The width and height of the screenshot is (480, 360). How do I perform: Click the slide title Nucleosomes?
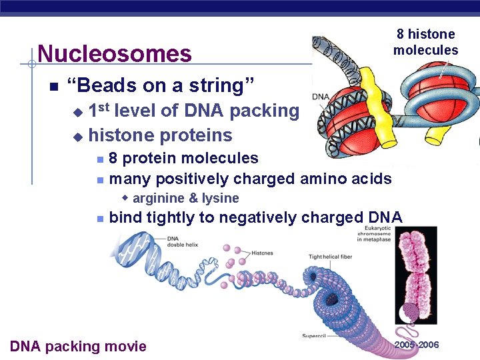[x=114, y=53]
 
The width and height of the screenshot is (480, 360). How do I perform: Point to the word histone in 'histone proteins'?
[x=122, y=135]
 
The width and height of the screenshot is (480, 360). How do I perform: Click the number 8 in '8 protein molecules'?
[x=114, y=159]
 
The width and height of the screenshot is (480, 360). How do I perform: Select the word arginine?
[x=159, y=198]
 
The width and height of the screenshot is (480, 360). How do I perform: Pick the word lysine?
[x=220, y=198]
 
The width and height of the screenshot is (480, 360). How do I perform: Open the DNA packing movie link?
[x=78, y=346]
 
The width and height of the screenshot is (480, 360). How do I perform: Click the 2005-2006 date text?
[x=417, y=345]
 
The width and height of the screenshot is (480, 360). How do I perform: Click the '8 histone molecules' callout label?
[x=425, y=42]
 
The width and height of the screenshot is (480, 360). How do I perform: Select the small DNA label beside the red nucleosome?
[x=320, y=97]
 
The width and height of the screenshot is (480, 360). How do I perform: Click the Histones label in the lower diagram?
[x=262, y=253]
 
